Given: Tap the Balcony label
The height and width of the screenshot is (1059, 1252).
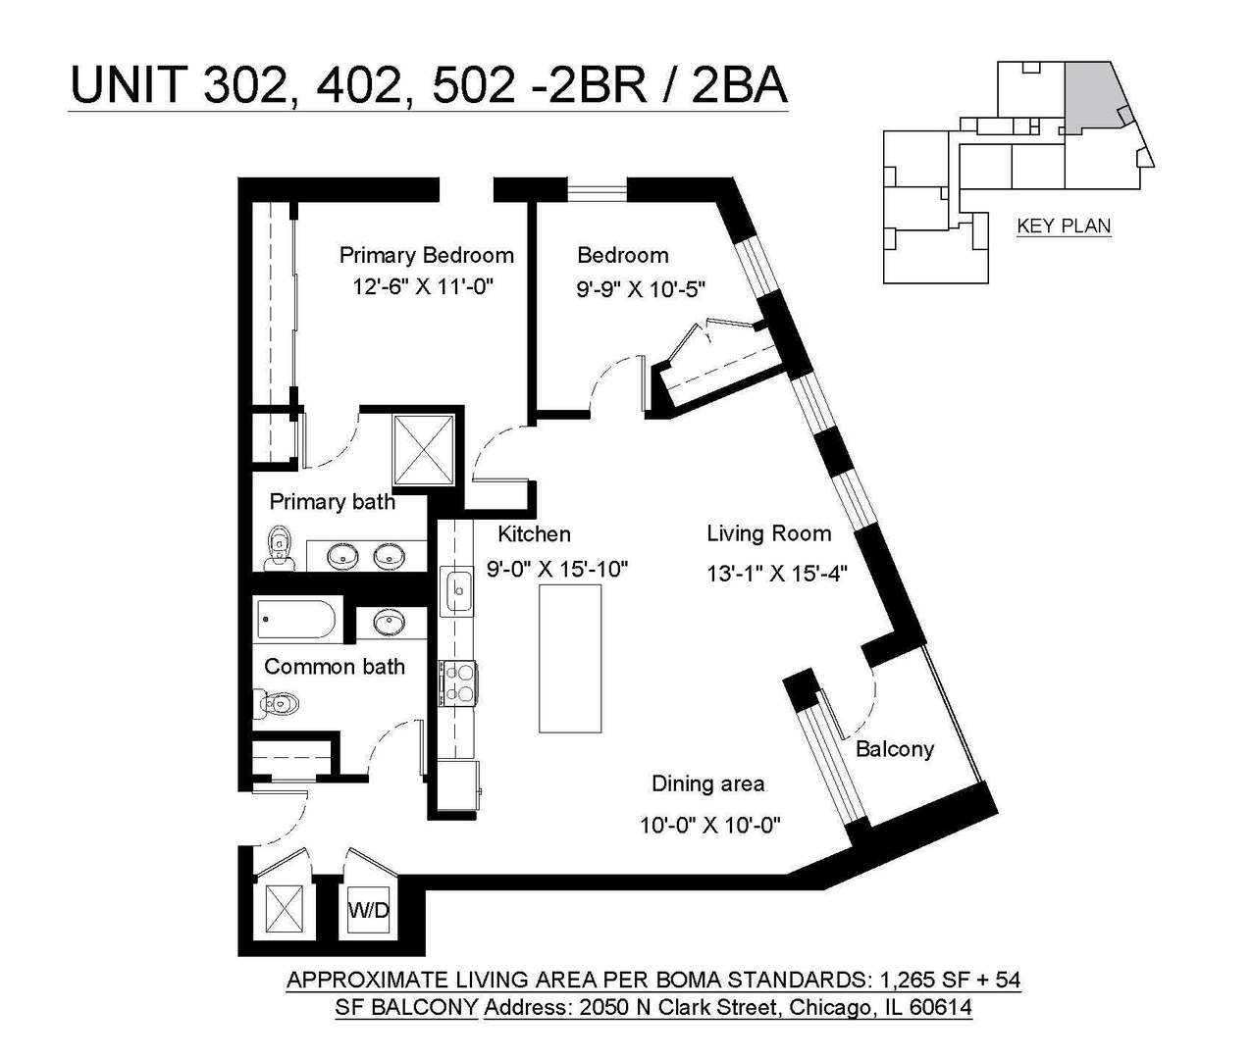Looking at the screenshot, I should point(894,749).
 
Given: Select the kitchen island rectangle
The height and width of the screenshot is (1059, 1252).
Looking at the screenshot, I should point(570,658).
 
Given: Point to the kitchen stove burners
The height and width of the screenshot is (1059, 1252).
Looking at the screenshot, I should point(457,683).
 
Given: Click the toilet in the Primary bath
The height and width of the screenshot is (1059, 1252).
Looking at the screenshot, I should point(281,547).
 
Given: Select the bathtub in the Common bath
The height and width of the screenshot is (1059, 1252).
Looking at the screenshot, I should point(296,621).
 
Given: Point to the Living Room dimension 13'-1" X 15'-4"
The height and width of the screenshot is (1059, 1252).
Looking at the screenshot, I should point(777,574).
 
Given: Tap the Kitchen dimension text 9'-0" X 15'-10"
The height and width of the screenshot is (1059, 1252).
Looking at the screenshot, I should point(557,569).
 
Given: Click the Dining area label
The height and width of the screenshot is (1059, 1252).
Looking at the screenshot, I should point(707,783).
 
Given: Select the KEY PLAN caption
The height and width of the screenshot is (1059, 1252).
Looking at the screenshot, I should point(1064,226).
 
